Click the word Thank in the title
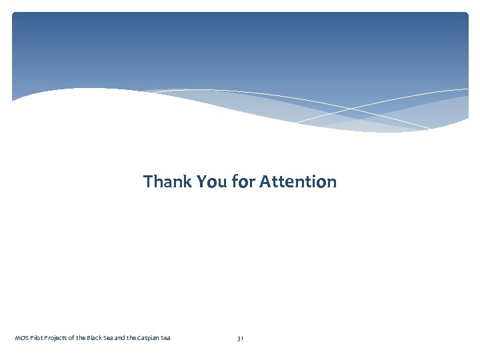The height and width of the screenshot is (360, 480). (167, 181)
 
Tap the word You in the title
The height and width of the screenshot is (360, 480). (212, 181)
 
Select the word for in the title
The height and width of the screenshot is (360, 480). (243, 181)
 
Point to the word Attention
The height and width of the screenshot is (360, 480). (298, 181)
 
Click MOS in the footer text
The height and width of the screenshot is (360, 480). (21, 338)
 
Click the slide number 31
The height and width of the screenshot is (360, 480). (240, 339)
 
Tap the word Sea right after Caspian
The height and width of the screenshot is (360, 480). (166, 338)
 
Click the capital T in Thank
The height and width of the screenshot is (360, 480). (148, 181)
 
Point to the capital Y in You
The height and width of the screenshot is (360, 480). (202, 181)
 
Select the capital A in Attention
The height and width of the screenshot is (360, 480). (265, 181)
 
